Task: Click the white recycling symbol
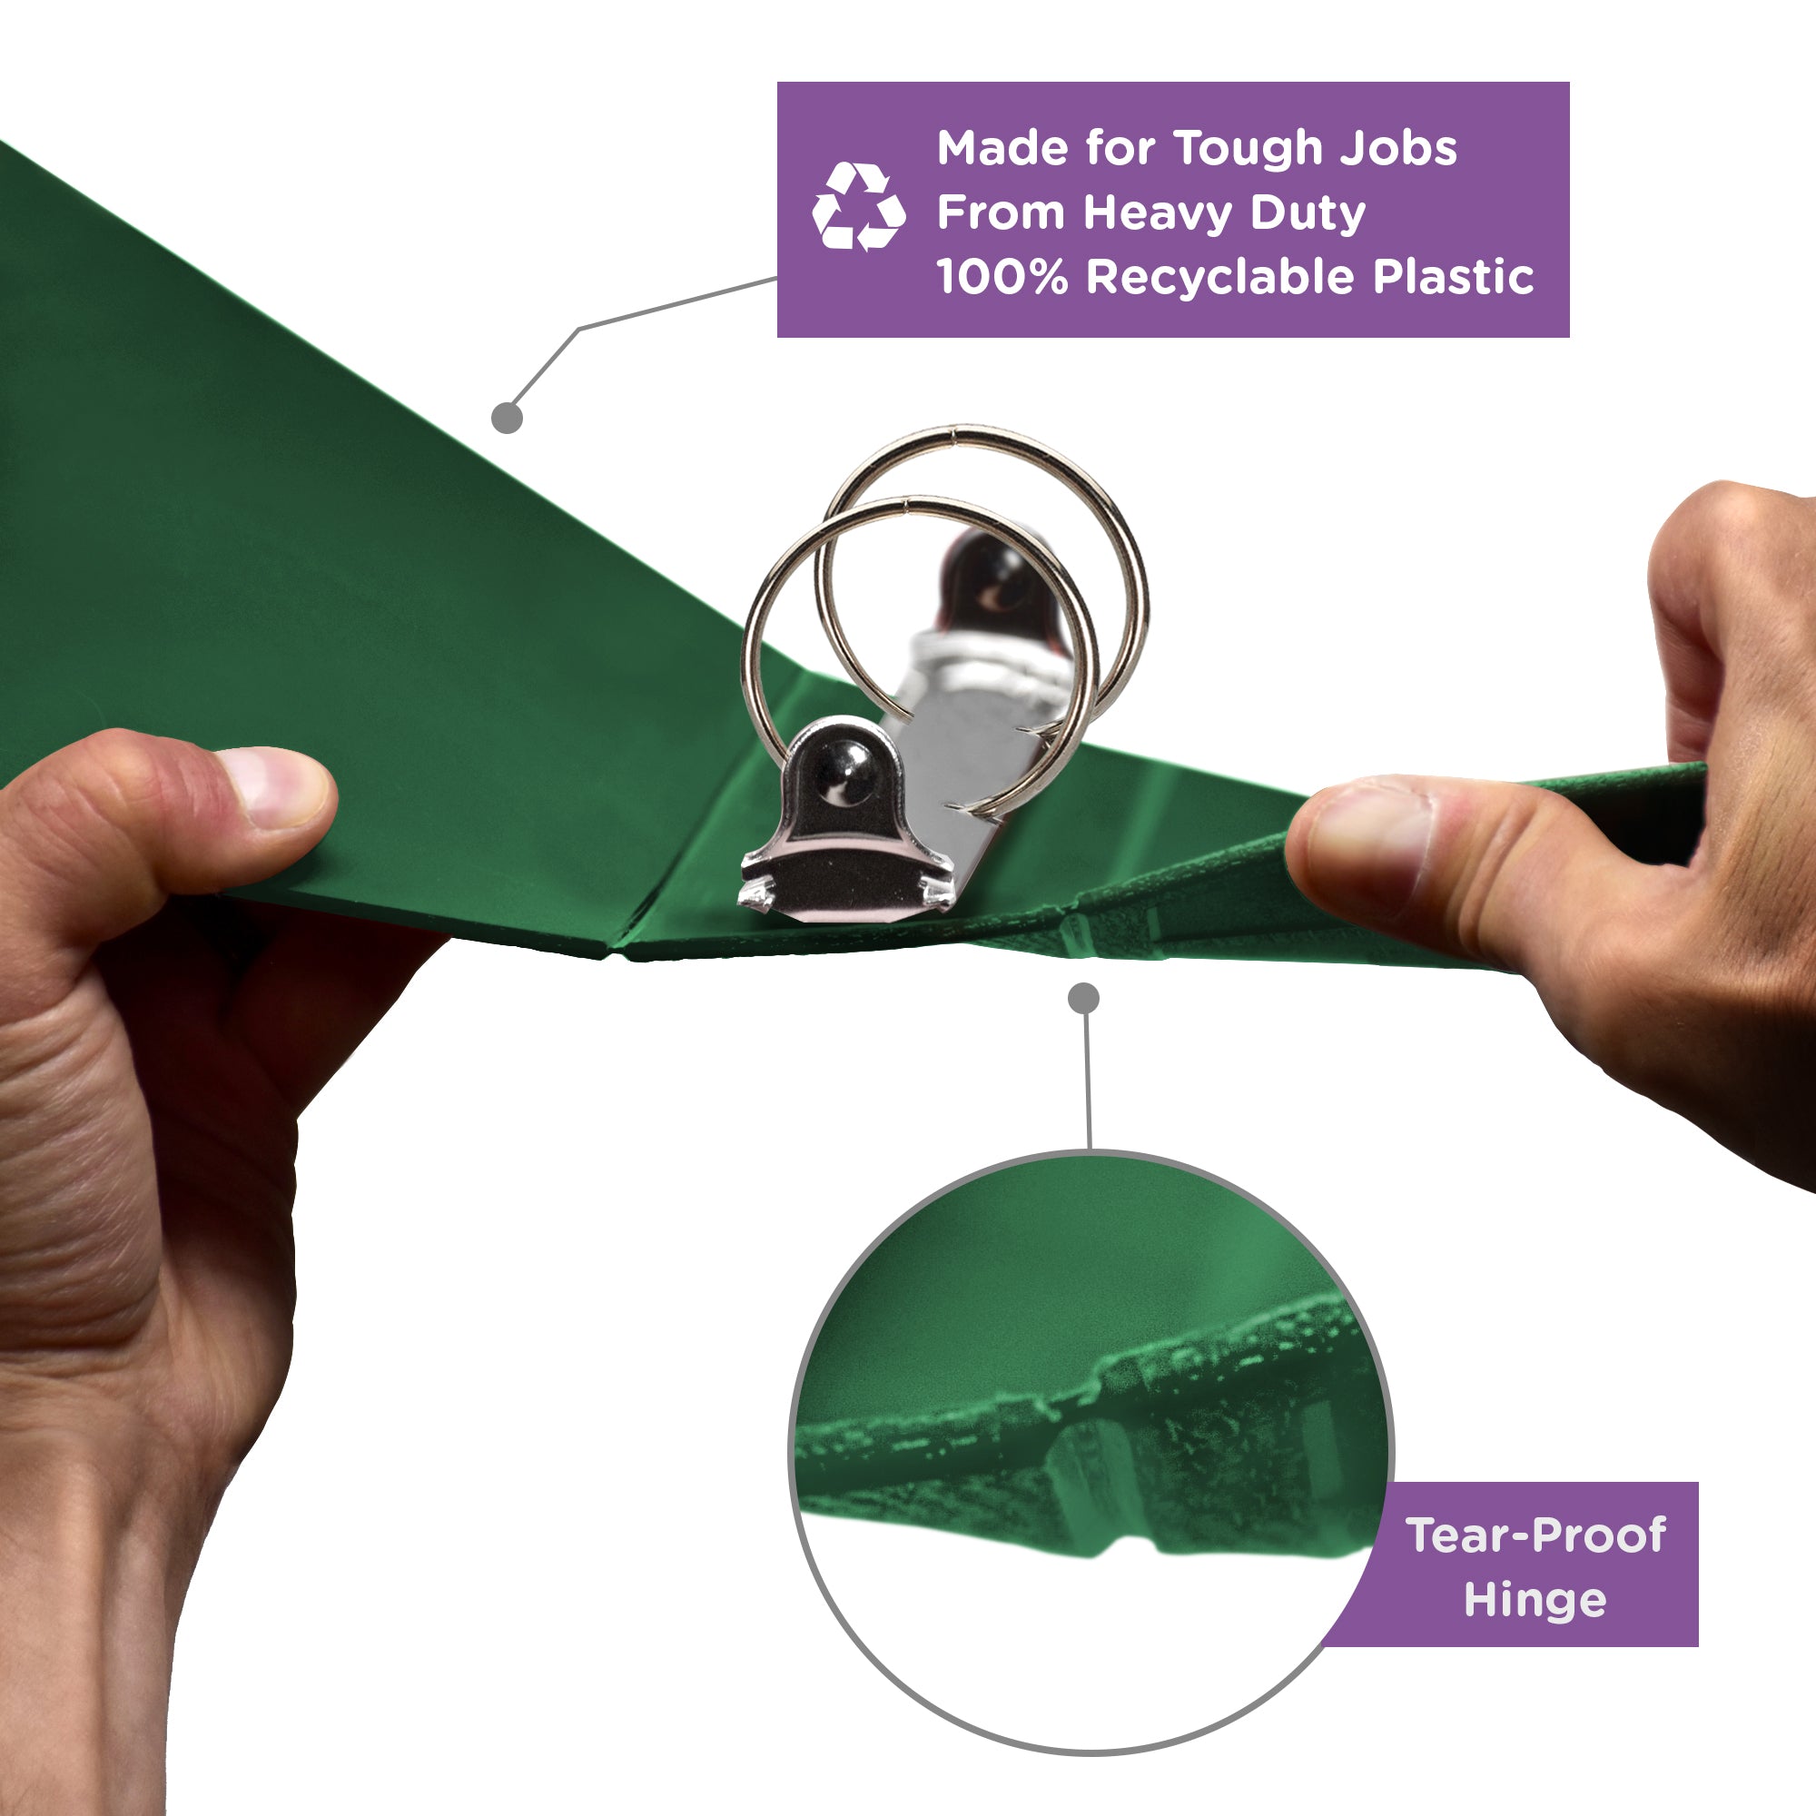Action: [x=858, y=207]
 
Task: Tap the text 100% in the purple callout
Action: [x=1002, y=277]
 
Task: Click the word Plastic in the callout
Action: [x=1453, y=277]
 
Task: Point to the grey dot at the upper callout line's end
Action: [x=507, y=418]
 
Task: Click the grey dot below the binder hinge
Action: [x=1084, y=998]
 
